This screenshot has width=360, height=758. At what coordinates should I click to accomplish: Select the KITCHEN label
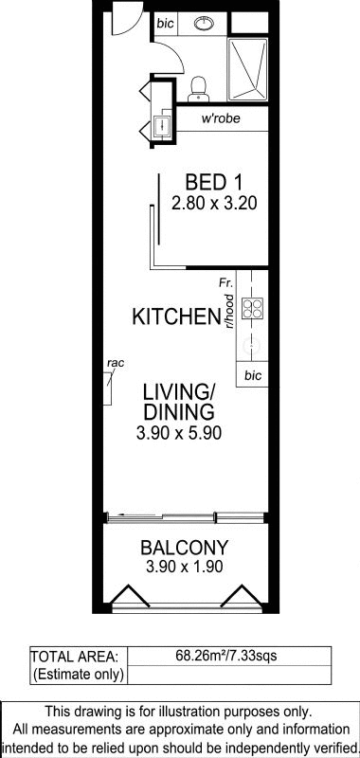point(176,316)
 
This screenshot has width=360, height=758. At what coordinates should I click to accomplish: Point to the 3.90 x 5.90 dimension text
point(179,433)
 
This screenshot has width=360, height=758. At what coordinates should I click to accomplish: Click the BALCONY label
point(184,548)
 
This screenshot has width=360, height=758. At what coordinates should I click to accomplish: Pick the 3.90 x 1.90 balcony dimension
point(184,566)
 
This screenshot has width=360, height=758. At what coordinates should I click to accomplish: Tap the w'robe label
point(221,118)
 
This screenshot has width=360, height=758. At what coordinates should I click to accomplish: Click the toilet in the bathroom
point(197,90)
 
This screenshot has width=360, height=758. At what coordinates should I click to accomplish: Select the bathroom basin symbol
point(206,23)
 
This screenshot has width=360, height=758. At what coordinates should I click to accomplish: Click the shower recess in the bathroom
point(247,69)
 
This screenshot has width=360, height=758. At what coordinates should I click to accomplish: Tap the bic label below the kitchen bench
point(252,375)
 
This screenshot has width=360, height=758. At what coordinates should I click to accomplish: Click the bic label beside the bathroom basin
point(166,23)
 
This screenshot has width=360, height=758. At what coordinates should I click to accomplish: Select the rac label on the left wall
point(116,364)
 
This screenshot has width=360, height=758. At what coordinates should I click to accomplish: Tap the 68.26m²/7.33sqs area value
point(227,656)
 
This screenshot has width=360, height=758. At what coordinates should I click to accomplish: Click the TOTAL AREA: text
point(75,657)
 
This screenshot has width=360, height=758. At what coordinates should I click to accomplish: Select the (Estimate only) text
point(78,674)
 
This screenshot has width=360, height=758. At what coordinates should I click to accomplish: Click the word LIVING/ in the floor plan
point(179,392)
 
